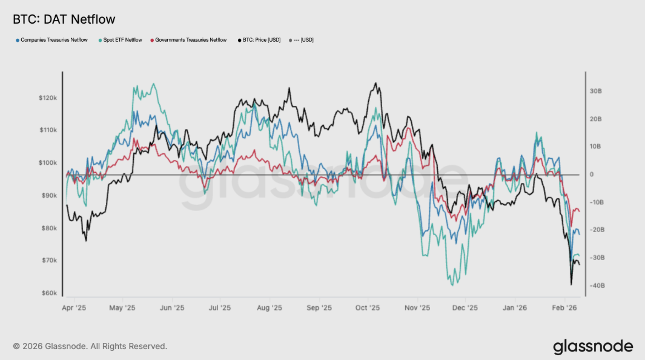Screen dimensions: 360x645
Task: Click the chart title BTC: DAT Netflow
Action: (x=64, y=20)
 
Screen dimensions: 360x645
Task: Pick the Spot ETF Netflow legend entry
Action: (x=119, y=40)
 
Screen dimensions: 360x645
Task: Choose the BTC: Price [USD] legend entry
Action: (x=258, y=40)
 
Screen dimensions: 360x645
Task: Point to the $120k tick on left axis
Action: (x=48, y=98)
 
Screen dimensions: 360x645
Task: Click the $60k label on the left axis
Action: (x=49, y=293)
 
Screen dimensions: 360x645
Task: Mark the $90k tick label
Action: (x=49, y=196)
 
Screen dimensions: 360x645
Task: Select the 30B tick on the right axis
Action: (x=595, y=91)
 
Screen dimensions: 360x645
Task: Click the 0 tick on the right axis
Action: (x=592, y=175)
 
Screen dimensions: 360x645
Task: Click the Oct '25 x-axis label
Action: (x=368, y=307)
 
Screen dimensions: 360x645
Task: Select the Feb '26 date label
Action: (x=564, y=307)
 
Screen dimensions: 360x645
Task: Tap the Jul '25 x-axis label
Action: (x=221, y=307)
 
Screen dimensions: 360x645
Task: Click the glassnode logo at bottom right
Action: (x=593, y=347)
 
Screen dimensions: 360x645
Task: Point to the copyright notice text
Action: (x=90, y=346)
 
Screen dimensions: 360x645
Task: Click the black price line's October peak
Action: (x=376, y=84)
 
